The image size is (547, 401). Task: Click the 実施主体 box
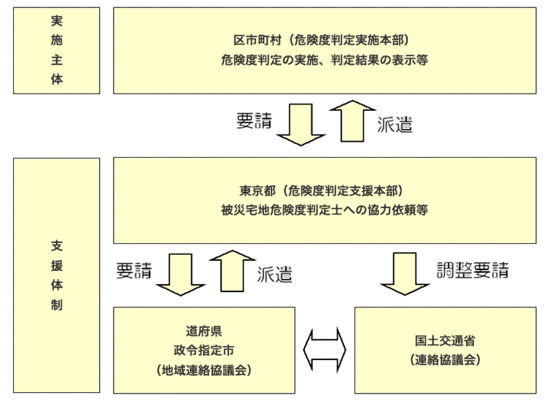[56, 50]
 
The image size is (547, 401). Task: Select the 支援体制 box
[56, 273]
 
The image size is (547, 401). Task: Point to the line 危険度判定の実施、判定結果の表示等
[325, 60]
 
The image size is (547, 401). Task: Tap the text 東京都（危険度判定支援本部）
[325, 191]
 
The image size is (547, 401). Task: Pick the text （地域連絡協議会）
[204, 370]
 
